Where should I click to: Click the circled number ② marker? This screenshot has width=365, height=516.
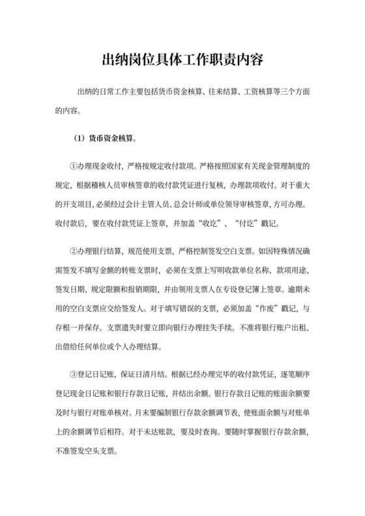tap(74, 251)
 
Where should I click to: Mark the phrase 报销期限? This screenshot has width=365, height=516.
tap(160, 287)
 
